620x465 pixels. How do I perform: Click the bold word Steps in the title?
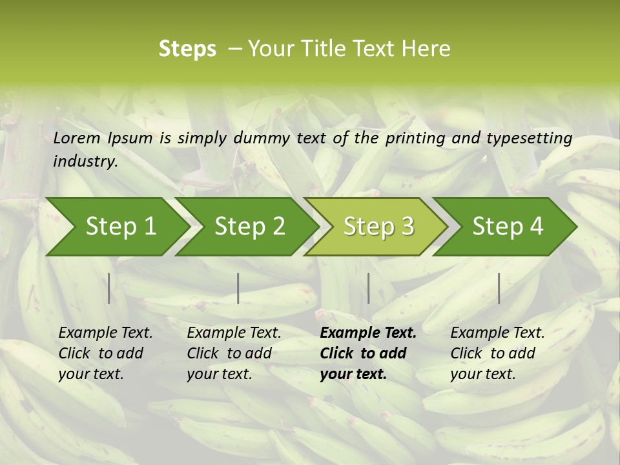(x=187, y=49)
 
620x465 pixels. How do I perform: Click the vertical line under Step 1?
(x=109, y=288)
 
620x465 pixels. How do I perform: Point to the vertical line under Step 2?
(x=238, y=288)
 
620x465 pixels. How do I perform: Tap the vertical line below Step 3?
(x=369, y=288)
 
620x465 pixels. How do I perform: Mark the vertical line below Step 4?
(x=499, y=288)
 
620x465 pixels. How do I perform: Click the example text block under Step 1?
(x=105, y=353)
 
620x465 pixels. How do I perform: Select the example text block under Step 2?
(x=234, y=353)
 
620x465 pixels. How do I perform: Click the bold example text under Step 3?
(x=368, y=353)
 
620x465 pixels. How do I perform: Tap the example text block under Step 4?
(x=497, y=353)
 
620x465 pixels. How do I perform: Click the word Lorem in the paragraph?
(x=77, y=138)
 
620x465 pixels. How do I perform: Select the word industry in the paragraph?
(x=85, y=161)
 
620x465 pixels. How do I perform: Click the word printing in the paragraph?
(x=413, y=138)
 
